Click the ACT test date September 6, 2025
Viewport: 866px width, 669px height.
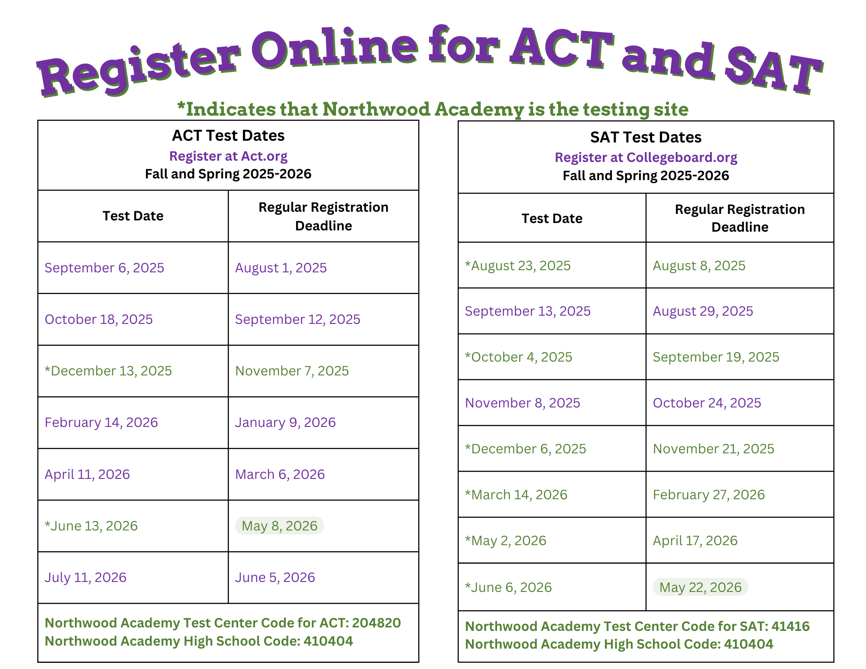click(x=104, y=268)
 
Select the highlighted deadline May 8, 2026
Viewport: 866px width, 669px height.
click(x=279, y=526)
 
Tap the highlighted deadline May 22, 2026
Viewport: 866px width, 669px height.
click(x=700, y=587)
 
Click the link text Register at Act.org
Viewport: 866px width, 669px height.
click(x=228, y=156)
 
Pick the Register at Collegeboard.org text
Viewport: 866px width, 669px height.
click(x=646, y=157)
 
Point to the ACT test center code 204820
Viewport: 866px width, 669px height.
click(x=376, y=623)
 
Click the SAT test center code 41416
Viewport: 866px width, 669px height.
click(x=790, y=626)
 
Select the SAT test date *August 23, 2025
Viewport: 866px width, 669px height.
click(x=517, y=265)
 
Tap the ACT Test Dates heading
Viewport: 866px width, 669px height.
click(x=228, y=136)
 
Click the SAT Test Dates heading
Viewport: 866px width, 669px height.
click(x=646, y=137)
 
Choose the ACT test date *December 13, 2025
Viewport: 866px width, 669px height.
click(x=108, y=371)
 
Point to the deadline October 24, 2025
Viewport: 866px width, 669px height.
click(x=707, y=403)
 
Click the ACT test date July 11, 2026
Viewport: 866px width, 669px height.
click(x=85, y=577)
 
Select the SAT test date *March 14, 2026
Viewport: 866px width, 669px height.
click(x=516, y=494)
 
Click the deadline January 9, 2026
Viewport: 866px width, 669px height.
click(x=285, y=422)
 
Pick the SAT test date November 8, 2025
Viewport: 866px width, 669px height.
click(x=522, y=403)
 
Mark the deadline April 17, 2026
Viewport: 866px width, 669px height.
click(x=695, y=540)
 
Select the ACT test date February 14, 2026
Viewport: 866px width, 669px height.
click(x=101, y=422)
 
